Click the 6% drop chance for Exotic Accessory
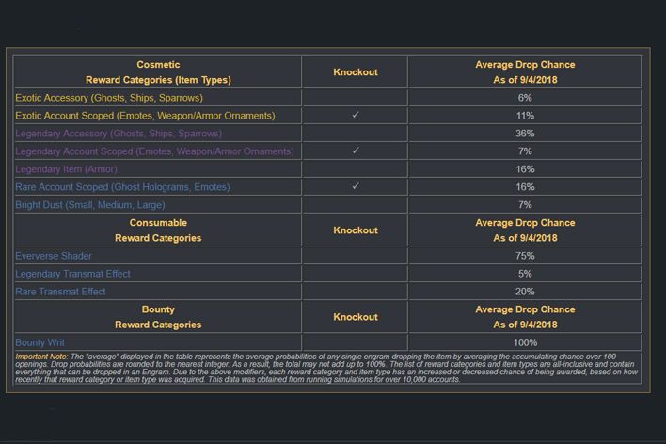pos(525,98)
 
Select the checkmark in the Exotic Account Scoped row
pos(355,115)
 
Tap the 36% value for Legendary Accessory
pos(525,134)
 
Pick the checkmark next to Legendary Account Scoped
pos(355,151)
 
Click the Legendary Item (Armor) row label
pos(65,169)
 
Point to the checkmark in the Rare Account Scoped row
pos(355,186)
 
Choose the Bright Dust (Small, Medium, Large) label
pos(90,205)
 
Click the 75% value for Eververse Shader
pos(525,256)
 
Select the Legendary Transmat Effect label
pos(72,274)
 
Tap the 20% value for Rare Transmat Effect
pos(525,292)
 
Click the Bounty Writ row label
pos(40,342)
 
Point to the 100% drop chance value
pos(525,342)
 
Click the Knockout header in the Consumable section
pos(355,230)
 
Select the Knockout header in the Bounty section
pos(355,317)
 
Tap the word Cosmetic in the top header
pos(158,65)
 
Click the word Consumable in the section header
pos(158,223)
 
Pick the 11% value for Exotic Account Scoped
pos(525,116)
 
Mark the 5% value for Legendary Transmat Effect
pos(525,274)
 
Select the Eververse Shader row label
pos(53,256)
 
